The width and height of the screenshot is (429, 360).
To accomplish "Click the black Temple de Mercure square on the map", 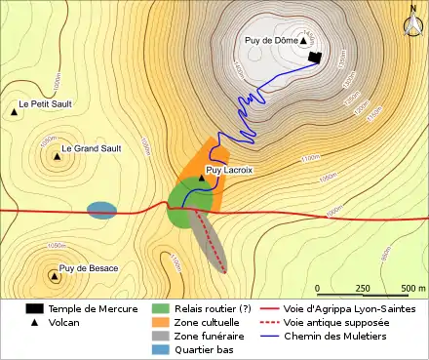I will point(314,59).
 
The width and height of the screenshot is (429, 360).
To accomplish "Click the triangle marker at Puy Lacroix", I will point(202,178).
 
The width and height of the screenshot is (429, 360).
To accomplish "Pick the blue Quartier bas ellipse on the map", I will point(101,210).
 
